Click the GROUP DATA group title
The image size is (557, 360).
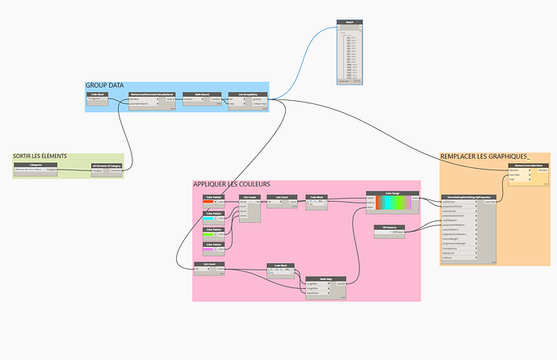[x=106, y=85]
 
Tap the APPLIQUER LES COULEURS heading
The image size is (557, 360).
[x=232, y=185]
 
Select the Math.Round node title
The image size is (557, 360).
[x=191, y=94]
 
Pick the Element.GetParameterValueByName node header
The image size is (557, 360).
[x=152, y=94]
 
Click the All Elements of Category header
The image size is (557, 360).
[x=106, y=164]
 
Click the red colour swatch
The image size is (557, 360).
[x=209, y=202]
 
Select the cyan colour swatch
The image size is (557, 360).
[x=209, y=218]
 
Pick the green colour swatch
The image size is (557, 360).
[x=209, y=234]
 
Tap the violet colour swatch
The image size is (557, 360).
[x=209, y=249]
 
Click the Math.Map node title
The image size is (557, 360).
[x=326, y=278]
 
